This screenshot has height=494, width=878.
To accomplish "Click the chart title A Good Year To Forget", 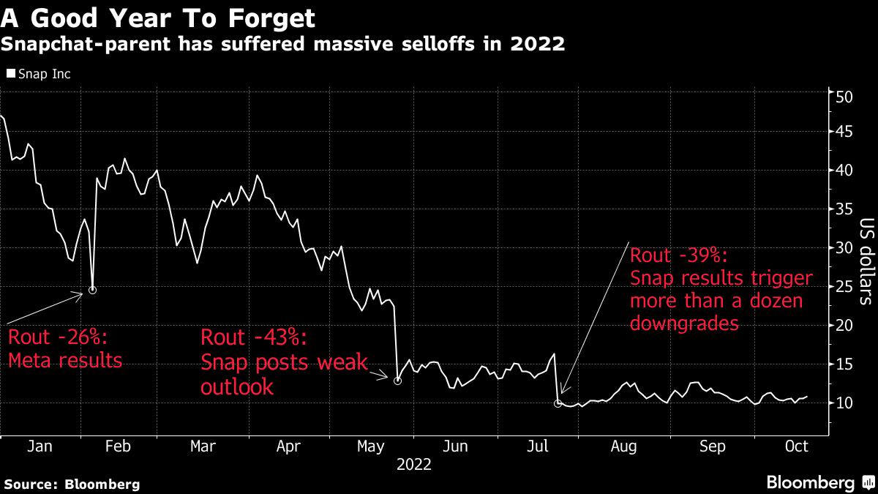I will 158,17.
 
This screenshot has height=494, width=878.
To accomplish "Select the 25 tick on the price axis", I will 846,287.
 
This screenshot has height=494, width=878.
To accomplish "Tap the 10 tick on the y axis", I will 846,403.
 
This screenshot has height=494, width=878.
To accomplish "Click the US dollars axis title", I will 866,261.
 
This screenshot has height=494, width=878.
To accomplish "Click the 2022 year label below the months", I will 413,464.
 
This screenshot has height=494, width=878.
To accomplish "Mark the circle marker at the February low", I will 92,291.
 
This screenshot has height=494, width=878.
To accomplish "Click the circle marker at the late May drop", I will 397,381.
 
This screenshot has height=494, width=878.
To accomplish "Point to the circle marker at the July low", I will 558,403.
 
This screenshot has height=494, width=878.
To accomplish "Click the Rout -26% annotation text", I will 58,339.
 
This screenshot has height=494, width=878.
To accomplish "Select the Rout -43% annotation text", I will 254,338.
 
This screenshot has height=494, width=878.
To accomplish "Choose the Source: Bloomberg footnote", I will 72,484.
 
